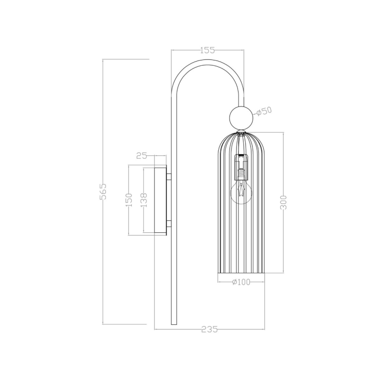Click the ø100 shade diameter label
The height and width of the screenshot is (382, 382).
click(241, 282)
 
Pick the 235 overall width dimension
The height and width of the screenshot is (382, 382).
click(209, 329)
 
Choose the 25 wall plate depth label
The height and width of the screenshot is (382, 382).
click(141, 155)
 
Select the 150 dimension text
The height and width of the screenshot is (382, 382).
click(129, 200)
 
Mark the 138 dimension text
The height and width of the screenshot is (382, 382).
click(144, 200)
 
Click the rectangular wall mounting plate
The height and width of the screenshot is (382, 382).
click(160, 200)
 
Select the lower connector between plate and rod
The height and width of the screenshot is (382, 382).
click(169, 224)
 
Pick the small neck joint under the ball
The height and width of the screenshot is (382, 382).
click(241, 131)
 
